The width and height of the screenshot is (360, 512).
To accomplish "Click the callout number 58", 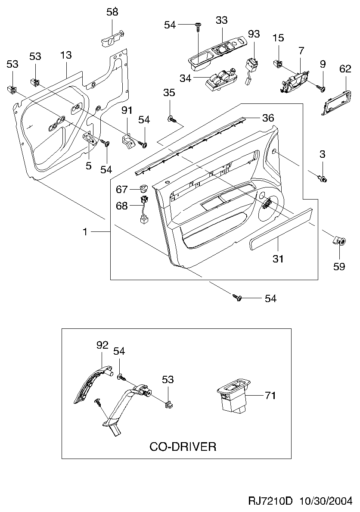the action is pos(112,12).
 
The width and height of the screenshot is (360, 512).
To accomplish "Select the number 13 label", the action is pos(65,55).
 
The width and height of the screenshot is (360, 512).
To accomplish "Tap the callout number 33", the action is pos(221,20).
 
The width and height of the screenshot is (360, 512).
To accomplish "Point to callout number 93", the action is pos(254,34).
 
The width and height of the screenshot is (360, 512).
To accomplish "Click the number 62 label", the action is pos(345,69).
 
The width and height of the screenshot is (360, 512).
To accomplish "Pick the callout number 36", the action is pos(268,118).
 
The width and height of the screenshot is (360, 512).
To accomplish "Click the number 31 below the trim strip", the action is pos(278,259).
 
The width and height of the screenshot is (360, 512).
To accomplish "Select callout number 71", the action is pos(270,396).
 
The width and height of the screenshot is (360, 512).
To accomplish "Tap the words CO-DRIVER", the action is pos(183,446).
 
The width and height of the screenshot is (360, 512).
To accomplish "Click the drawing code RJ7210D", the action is pos(270,500).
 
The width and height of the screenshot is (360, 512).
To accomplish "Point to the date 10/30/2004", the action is pos(326,500).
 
